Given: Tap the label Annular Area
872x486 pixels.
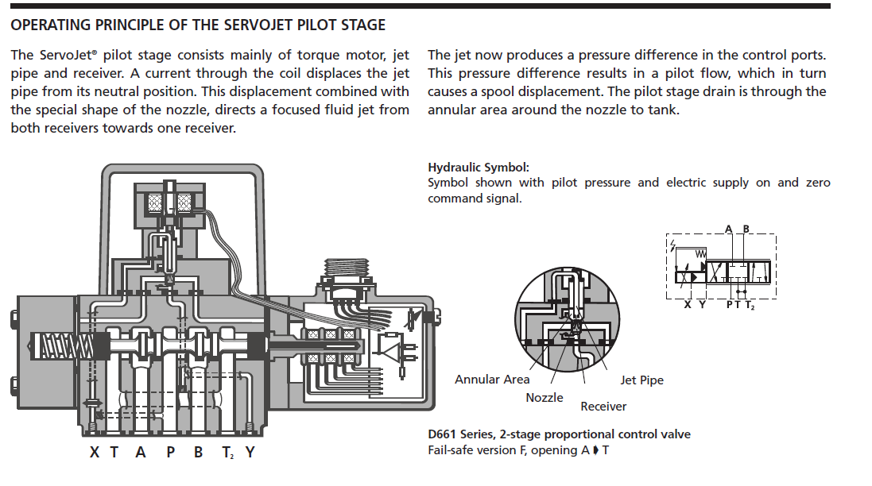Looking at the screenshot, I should click(x=491, y=380).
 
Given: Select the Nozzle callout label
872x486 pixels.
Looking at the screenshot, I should click(x=544, y=397).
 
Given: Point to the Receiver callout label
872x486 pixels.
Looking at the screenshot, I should click(x=603, y=407).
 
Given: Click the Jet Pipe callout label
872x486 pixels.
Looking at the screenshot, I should click(x=641, y=380).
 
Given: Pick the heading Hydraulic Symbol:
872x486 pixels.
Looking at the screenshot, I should click(x=478, y=168).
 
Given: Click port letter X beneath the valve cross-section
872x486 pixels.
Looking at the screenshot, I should click(x=95, y=453).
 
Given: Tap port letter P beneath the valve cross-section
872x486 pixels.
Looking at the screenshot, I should click(x=169, y=453).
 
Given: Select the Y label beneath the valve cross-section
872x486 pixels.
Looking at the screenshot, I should click(x=250, y=453).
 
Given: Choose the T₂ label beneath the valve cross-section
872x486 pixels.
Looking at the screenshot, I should click(x=227, y=453).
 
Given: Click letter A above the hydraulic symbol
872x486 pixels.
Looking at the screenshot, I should click(x=729, y=229).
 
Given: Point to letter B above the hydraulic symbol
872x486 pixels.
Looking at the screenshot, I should click(x=746, y=229).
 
